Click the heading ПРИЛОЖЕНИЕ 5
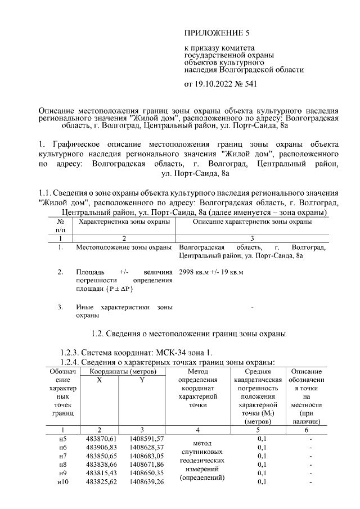point(217,33)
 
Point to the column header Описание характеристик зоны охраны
point(252,223)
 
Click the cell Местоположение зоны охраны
point(123,247)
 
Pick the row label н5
point(62,438)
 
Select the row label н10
point(62,483)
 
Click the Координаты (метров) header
point(119,372)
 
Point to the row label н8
point(62,465)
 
